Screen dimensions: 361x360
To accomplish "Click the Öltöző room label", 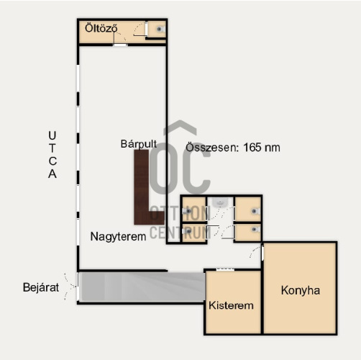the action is (101, 28).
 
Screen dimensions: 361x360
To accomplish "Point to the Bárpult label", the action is (139, 144).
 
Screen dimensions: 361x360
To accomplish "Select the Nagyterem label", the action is (118, 237).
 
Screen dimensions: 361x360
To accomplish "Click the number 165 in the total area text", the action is (252, 148).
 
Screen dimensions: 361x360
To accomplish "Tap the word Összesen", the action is (212, 148).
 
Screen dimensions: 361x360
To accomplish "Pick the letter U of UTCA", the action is (52, 135).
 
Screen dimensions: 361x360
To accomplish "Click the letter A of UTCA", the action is (52, 174).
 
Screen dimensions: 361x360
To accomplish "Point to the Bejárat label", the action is (41, 287).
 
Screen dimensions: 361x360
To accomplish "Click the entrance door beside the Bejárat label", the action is (78, 287).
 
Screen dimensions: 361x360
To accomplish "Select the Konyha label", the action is (301, 290).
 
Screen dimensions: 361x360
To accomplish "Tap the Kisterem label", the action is (231, 305).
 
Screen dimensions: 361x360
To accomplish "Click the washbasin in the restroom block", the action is (220, 203).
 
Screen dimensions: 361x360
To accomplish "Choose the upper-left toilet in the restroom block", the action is (188, 211).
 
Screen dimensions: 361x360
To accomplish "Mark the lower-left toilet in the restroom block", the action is (188, 231).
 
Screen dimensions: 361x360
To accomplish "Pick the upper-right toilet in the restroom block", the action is (255, 211).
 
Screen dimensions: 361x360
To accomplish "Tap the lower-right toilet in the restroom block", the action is (255, 230).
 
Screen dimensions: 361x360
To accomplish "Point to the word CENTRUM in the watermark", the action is (180, 233).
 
